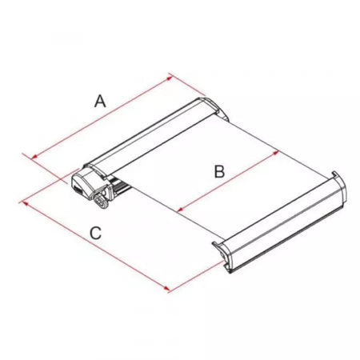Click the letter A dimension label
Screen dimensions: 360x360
(x=100, y=102)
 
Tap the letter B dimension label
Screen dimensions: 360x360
(x=219, y=171)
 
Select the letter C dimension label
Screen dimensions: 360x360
(x=95, y=233)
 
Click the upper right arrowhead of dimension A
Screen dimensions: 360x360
(x=170, y=78)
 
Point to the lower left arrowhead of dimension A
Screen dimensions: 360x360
(x=34, y=158)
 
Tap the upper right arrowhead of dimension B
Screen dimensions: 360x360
(x=275, y=153)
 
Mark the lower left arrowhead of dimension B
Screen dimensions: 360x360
(x=181, y=209)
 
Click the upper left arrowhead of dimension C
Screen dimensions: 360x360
(x=25, y=203)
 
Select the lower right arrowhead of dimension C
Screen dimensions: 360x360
(x=166, y=289)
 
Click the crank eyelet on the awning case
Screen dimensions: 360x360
(x=102, y=201)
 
